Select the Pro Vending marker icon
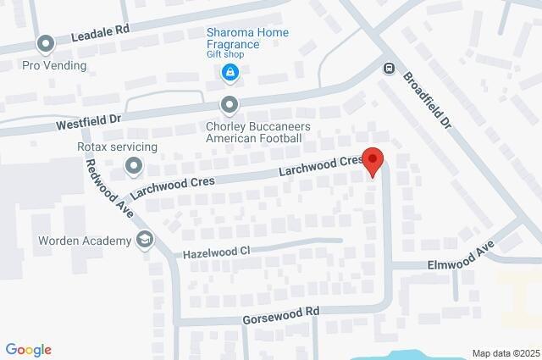point(46,43)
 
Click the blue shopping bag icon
point(229,75)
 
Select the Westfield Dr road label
point(89,123)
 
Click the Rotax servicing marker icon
point(134,168)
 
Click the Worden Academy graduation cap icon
point(145,241)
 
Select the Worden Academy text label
point(85,241)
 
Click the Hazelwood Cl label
point(217,252)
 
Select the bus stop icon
point(389,68)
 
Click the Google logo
point(28,350)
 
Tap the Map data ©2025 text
point(505,352)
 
